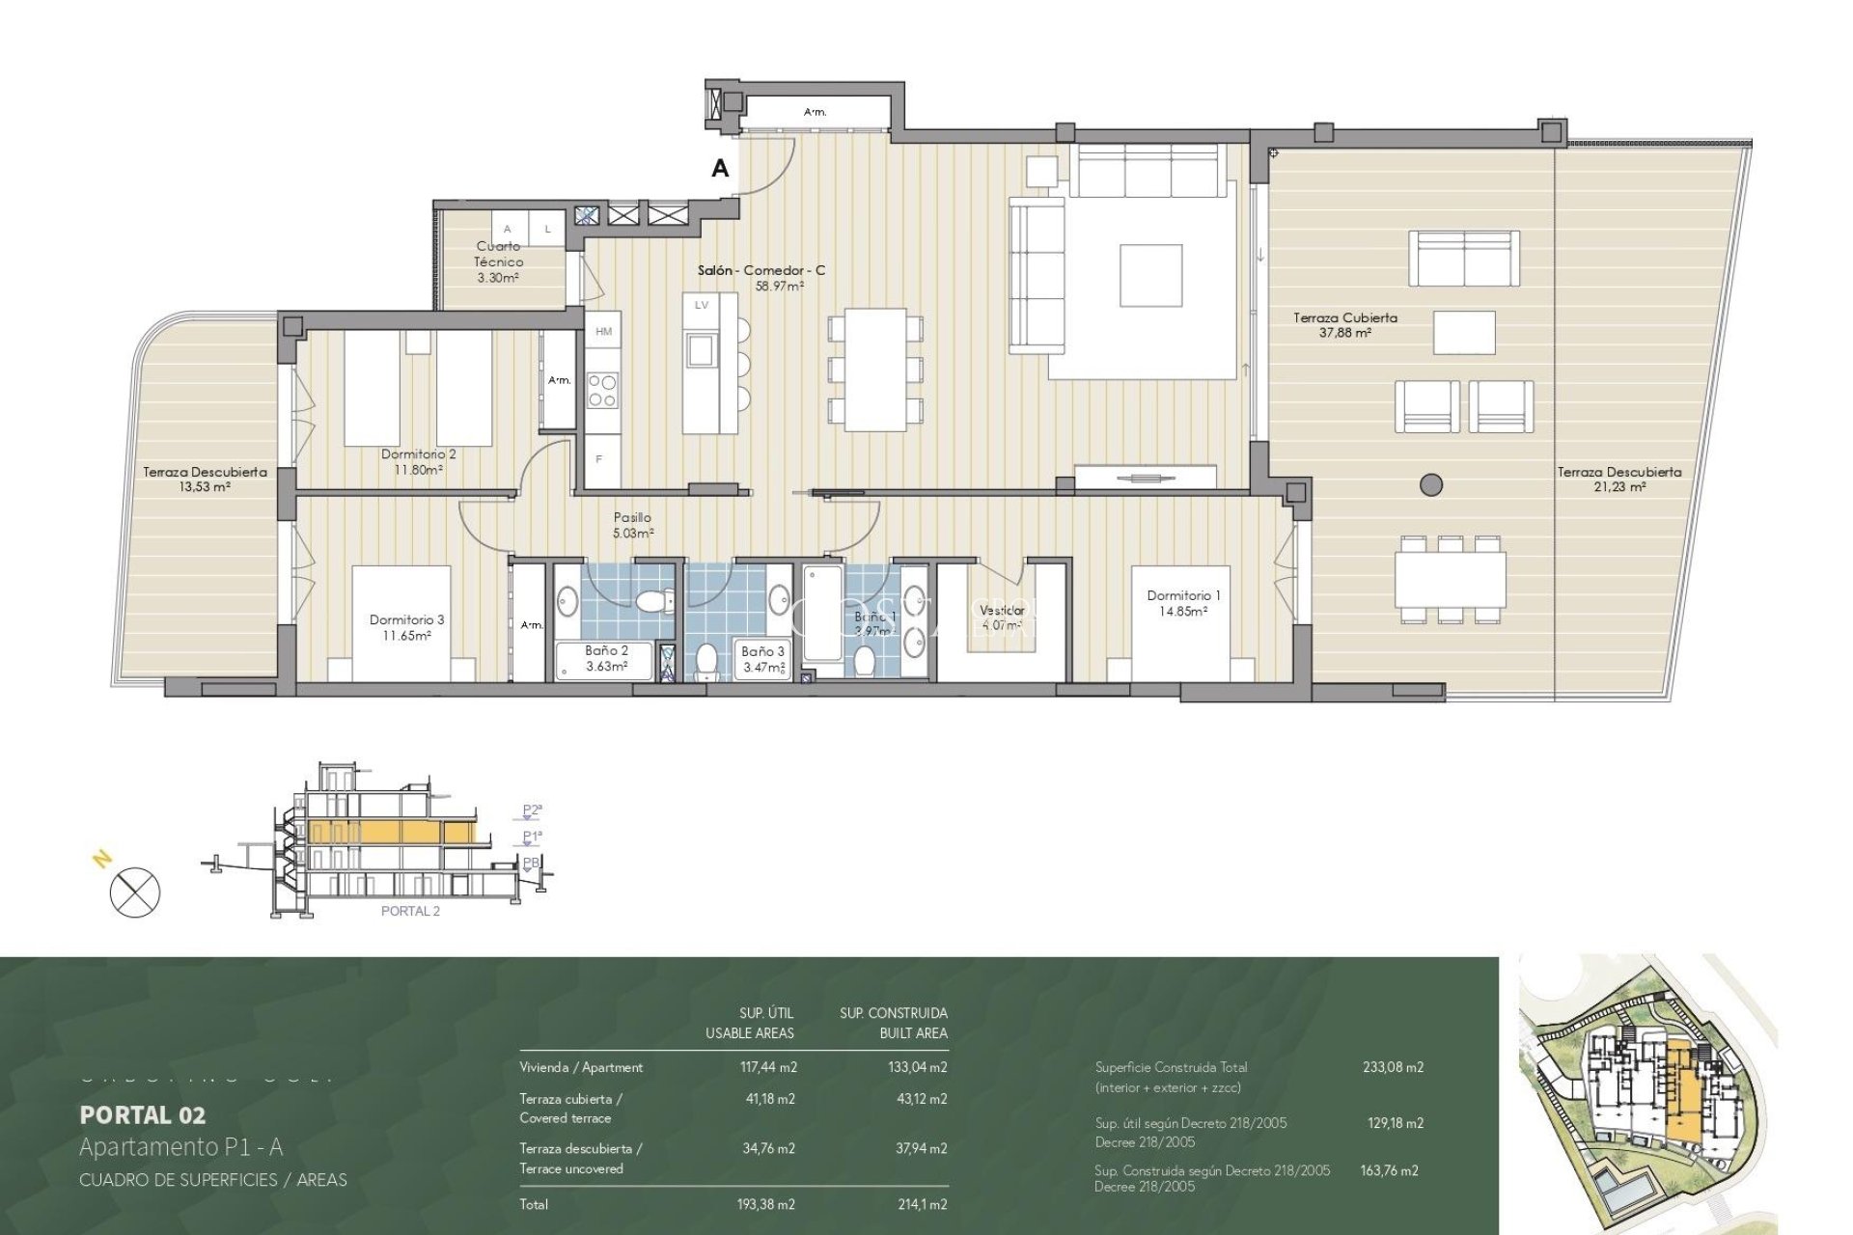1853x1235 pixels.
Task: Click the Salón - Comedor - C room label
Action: point(761,271)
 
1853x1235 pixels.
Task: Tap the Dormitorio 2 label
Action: point(418,454)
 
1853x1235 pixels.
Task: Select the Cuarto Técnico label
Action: point(499,254)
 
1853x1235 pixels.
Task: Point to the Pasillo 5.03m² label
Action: point(632,525)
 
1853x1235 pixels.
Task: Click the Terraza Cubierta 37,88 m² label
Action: point(1345,324)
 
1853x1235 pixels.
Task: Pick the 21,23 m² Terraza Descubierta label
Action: point(1618,480)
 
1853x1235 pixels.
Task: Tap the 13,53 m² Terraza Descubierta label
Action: point(205,480)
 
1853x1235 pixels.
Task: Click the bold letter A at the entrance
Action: point(720,169)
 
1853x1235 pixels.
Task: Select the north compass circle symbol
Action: point(135,892)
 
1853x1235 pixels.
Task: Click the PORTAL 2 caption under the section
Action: point(410,912)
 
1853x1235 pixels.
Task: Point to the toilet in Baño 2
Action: point(655,601)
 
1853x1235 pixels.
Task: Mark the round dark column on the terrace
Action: point(1431,484)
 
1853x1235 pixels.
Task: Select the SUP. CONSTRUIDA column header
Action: point(893,1013)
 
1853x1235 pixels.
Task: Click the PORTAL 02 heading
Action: point(142,1115)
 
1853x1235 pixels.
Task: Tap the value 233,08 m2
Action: point(1393,1067)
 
